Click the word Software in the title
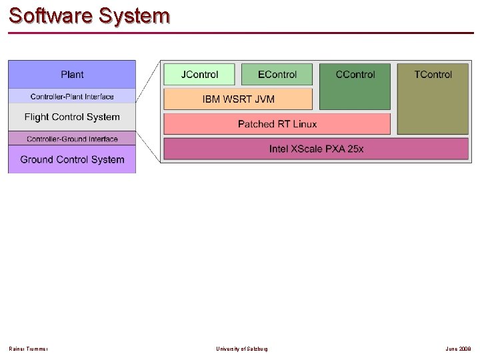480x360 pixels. pyautogui.click(x=50, y=15)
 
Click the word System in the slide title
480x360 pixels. pyautogui.click(x=133, y=15)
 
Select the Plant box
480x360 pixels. pyautogui.click(x=72, y=74)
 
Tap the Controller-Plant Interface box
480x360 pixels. pyautogui.click(x=72, y=97)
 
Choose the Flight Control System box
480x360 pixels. pyautogui.click(x=72, y=117)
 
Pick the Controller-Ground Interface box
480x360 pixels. pyautogui.click(x=72, y=139)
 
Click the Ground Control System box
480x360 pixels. pyautogui.click(x=72, y=159)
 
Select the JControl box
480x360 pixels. pyautogui.click(x=200, y=74)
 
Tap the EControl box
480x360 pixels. pyautogui.click(x=277, y=74)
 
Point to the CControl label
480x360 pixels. pyautogui.click(x=355, y=74)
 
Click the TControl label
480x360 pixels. pyautogui.click(x=433, y=74)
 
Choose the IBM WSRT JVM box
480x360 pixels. pyautogui.click(x=238, y=99)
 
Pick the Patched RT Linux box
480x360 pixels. pyautogui.click(x=277, y=124)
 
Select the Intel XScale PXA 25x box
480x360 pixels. pyautogui.click(x=316, y=149)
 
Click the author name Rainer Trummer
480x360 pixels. pyautogui.click(x=28, y=349)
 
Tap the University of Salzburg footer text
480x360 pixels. pyautogui.click(x=242, y=349)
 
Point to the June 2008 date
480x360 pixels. pyautogui.click(x=459, y=349)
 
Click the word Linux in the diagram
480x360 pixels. pyautogui.click(x=303, y=124)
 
